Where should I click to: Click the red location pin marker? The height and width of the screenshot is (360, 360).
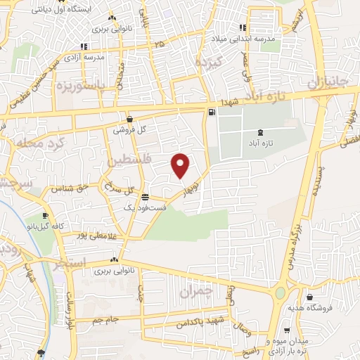pyautogui.click(x=181, y=165)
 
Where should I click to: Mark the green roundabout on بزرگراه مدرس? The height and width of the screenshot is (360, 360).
pyautogui.click(x=281, y=292)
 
